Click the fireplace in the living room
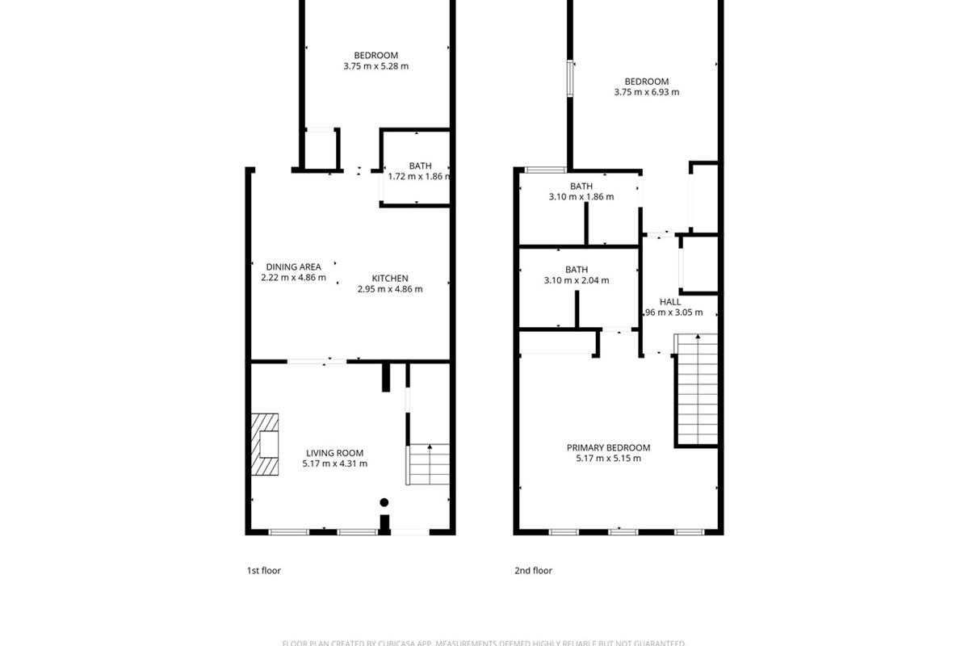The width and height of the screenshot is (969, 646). pyautogui.click(x=265, y=445)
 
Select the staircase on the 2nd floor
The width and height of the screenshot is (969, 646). pyautogui.click(x=696, y=389)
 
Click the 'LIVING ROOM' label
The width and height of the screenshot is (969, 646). pyautogui.click(x=334, y=453)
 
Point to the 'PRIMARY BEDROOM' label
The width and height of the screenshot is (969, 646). pyautogui.click(x=608, y=447)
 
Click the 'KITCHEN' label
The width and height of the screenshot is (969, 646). pyautogui.click(x=390, y=279)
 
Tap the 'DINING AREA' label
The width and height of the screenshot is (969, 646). pyautogui.click(x=293, y=266)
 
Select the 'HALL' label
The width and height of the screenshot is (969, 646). pyautogui.click(x=670, y=302)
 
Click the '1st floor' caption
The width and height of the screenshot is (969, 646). pyautogui.click(x=263, y=571)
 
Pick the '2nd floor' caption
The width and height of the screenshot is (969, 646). pyautogui.click(x=533, y=571)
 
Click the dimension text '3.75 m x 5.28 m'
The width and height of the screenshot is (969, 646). pyautogui.click(x=375, y=66)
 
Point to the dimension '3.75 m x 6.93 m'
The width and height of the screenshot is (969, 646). pyautogui.click(x=646, y=92)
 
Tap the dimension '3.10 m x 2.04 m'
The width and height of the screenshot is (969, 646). pyautogui.click(x=577, y=280)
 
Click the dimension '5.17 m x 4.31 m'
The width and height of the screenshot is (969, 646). pyautogui.click(x=334, y=464)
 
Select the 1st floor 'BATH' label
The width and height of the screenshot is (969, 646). pyautogui.click(x=420, y=166)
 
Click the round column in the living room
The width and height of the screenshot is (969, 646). pyautogui.click(x=384, y=501)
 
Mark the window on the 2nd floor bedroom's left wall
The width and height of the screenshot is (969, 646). pyautogui.click(x=570, y=78)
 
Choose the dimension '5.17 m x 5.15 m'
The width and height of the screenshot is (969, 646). pyautogui.click(x=608, y=459)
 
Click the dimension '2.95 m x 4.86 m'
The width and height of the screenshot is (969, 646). pyautogui.click(x=390, y=289)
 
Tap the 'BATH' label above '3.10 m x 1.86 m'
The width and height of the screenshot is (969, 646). pyautogui.click(x=581, y=187)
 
